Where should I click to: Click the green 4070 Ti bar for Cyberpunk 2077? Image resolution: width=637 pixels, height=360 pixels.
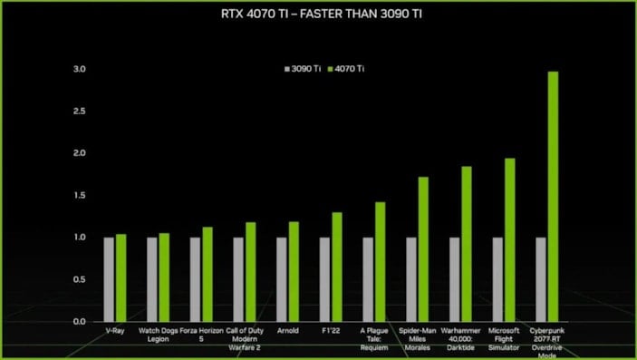(x=553, y=196)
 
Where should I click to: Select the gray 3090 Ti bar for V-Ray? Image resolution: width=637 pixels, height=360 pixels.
(x=109, y=279)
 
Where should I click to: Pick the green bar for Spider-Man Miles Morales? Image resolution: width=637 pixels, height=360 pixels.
(x=423, y=248)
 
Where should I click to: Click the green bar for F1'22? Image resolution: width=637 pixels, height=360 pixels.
(x=337, y=267)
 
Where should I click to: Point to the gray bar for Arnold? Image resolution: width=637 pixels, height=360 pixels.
(x=282, y=279)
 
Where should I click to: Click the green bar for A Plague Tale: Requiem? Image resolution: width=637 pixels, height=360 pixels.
(x=381, y=261)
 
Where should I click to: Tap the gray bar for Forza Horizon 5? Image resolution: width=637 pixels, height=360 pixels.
(x=195, y=279)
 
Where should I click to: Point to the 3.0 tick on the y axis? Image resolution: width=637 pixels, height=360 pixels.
(x=80, y=69)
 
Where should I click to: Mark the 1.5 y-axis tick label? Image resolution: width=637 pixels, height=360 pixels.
(x=80, y=195)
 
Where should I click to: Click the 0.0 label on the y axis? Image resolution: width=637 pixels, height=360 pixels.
(x=80, y=321)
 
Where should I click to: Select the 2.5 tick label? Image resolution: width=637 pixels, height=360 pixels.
(x=80, y=111)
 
